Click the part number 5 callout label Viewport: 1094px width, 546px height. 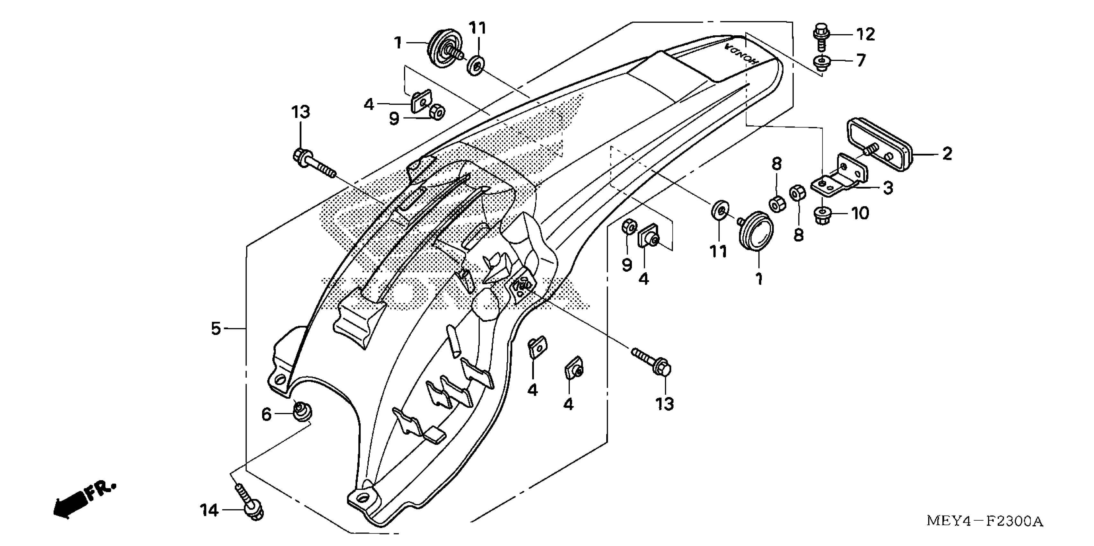(216, 329)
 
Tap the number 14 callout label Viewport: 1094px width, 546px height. (209, 510)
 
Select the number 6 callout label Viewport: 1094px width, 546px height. (266, 414)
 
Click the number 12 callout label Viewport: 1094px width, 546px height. (865, 34)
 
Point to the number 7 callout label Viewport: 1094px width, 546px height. (861, 61)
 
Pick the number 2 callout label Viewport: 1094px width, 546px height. (947, 154)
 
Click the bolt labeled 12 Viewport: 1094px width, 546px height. (821, 37)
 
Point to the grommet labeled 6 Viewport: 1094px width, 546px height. (302, 412)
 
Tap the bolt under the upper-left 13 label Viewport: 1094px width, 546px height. (314, 163)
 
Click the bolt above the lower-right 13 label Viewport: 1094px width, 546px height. (652, 361)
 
